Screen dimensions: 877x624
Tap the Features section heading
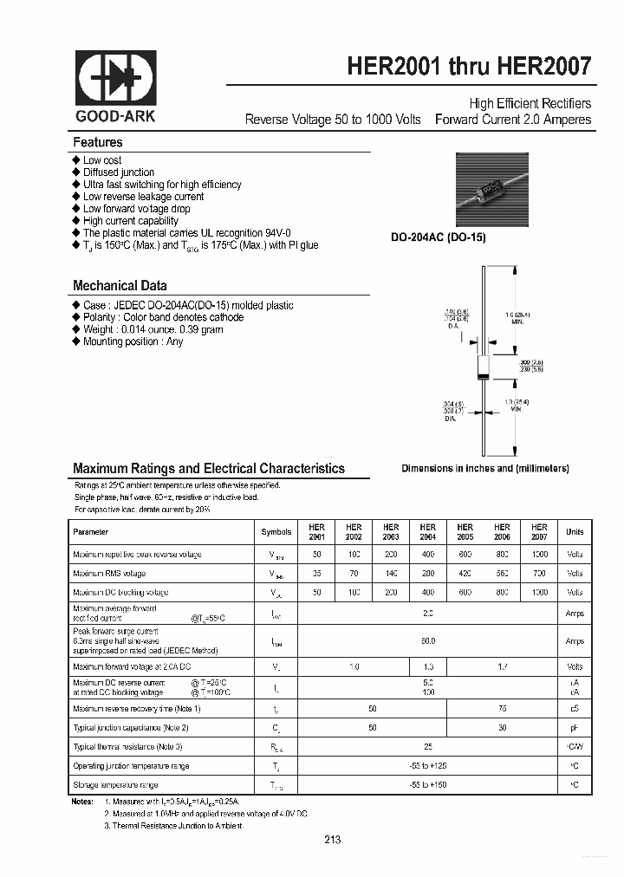98,142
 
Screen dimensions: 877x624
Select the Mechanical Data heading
120,285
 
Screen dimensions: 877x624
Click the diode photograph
491,190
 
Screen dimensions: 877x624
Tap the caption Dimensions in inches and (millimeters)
484,468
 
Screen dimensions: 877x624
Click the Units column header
575,532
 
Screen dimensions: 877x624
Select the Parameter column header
91,532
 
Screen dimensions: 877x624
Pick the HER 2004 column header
427,532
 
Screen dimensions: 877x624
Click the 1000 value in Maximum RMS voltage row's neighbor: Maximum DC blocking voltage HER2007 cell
539,593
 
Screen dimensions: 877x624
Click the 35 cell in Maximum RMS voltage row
316,574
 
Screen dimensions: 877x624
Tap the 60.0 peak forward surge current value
427,641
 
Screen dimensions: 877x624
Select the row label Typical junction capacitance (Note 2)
131,727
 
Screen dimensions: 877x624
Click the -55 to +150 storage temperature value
427,784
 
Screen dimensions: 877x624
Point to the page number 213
333,840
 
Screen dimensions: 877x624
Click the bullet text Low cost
102,160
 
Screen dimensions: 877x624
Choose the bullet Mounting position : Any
133,341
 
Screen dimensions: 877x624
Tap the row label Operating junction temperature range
131,765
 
